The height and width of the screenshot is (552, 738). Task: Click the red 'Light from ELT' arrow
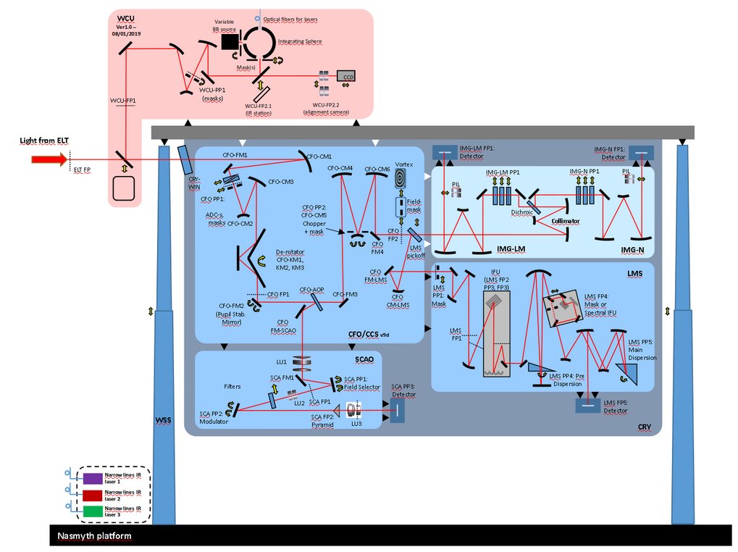pyautogui.click(x=48, y=159)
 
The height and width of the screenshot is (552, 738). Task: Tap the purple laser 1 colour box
pyautogui.click(x=92, y=478)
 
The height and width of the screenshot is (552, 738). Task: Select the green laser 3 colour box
pyautogui.click(x=92, y=512)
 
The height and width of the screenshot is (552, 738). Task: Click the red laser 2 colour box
pyautogui.click(x=92, y=495)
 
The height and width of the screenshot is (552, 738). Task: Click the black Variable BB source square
pyautogui.click(x=230, y=43)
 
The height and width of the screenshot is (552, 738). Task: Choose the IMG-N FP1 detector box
pyautogui.click(x=640, y=152)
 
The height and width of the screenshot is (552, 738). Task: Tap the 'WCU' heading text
pyautogui.click(x=127, y=18)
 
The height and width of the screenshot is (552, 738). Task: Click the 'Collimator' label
pyautogui.click(x=566, y=219)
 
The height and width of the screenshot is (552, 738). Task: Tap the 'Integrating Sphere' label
pyautogui.click(x=300, y=42)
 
